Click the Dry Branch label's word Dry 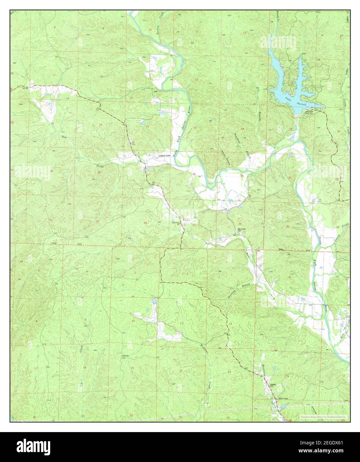pyautogui.click(x=258, y=89)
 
